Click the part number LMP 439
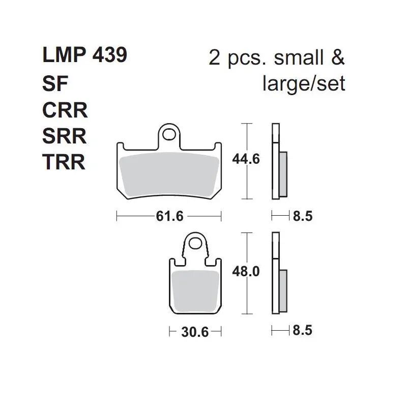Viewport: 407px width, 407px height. [85, 55]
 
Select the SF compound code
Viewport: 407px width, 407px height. [55, 83]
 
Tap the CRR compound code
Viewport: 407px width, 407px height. [65, 110]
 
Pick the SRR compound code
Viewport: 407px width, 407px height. [65, 136]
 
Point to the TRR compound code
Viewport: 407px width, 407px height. [64, 162]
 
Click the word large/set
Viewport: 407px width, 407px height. [304, 84]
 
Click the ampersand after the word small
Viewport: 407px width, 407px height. [338, 57]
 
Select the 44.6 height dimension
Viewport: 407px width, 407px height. [246, 159]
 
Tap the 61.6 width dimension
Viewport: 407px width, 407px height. [169, 216]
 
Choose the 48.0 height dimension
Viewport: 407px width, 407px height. [246, 272]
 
